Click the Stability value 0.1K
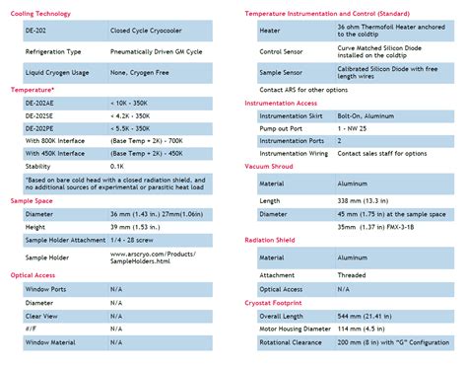coord(118,168)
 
